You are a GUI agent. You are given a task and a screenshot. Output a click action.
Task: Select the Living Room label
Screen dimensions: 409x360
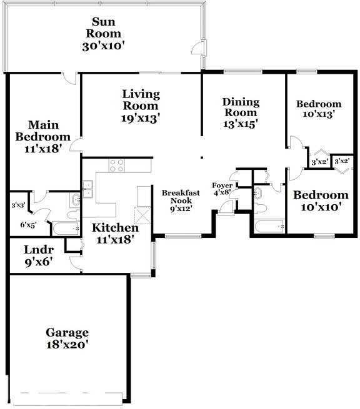tap(141, 100)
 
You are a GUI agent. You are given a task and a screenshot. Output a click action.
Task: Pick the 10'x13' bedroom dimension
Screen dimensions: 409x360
tap(319, 114)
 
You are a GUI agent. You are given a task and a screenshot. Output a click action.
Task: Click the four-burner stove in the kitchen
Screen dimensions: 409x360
tap(117, 166)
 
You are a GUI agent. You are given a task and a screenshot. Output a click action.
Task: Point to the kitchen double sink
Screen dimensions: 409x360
tap(88, 188)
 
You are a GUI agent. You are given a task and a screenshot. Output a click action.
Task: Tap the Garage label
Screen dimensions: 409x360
tap(67, 332)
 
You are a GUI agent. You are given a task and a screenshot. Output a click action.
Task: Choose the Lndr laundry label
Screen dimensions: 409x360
tap(35, 250)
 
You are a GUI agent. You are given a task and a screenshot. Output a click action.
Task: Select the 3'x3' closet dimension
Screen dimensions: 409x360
tap(18, 204)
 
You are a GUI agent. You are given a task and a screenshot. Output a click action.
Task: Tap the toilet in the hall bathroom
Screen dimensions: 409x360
tap(262, 208)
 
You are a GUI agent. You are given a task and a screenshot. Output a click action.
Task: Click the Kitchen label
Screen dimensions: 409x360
tap(115, 227)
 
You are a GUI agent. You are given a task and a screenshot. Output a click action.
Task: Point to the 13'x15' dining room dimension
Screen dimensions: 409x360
tap(240, 124)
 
